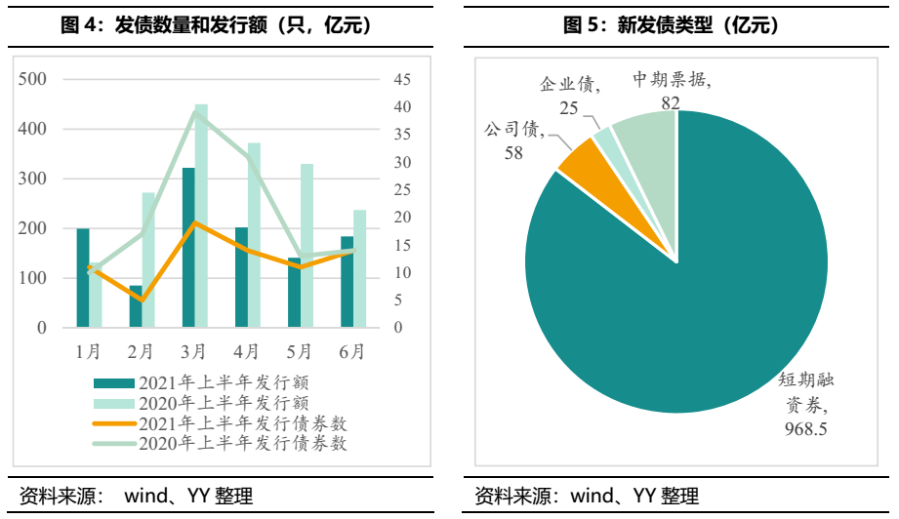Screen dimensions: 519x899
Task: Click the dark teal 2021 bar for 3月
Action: click(188, 248)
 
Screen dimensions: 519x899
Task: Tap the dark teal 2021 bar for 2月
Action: click(136, 306)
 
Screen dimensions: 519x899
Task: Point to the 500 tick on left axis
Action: click(33, 79)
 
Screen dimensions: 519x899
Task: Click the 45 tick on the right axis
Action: click(402, 79)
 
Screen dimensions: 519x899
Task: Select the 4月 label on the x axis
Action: click(247, 350)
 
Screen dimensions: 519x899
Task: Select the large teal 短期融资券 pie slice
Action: click(683, 293)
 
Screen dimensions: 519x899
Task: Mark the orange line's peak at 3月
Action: click(194, 222)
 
